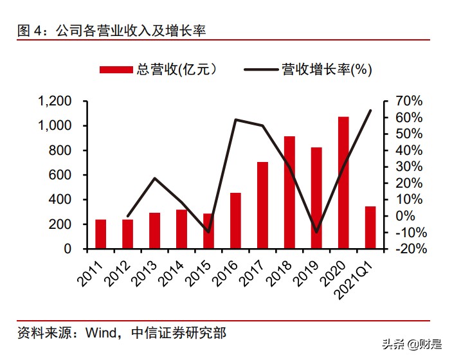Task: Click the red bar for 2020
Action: [343, 183]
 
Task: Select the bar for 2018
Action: [289, 192]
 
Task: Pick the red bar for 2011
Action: [101, 234]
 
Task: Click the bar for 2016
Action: [235, 221]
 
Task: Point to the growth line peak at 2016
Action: [235, 120]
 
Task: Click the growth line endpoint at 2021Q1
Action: [371, 110]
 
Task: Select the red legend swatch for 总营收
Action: [116, 69]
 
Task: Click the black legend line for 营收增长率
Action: [260, 69]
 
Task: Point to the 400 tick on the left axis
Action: [62, 199]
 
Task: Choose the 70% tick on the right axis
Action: [408, 101]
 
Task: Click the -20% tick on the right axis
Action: [407, 249]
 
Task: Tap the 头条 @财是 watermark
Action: [411, 344]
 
